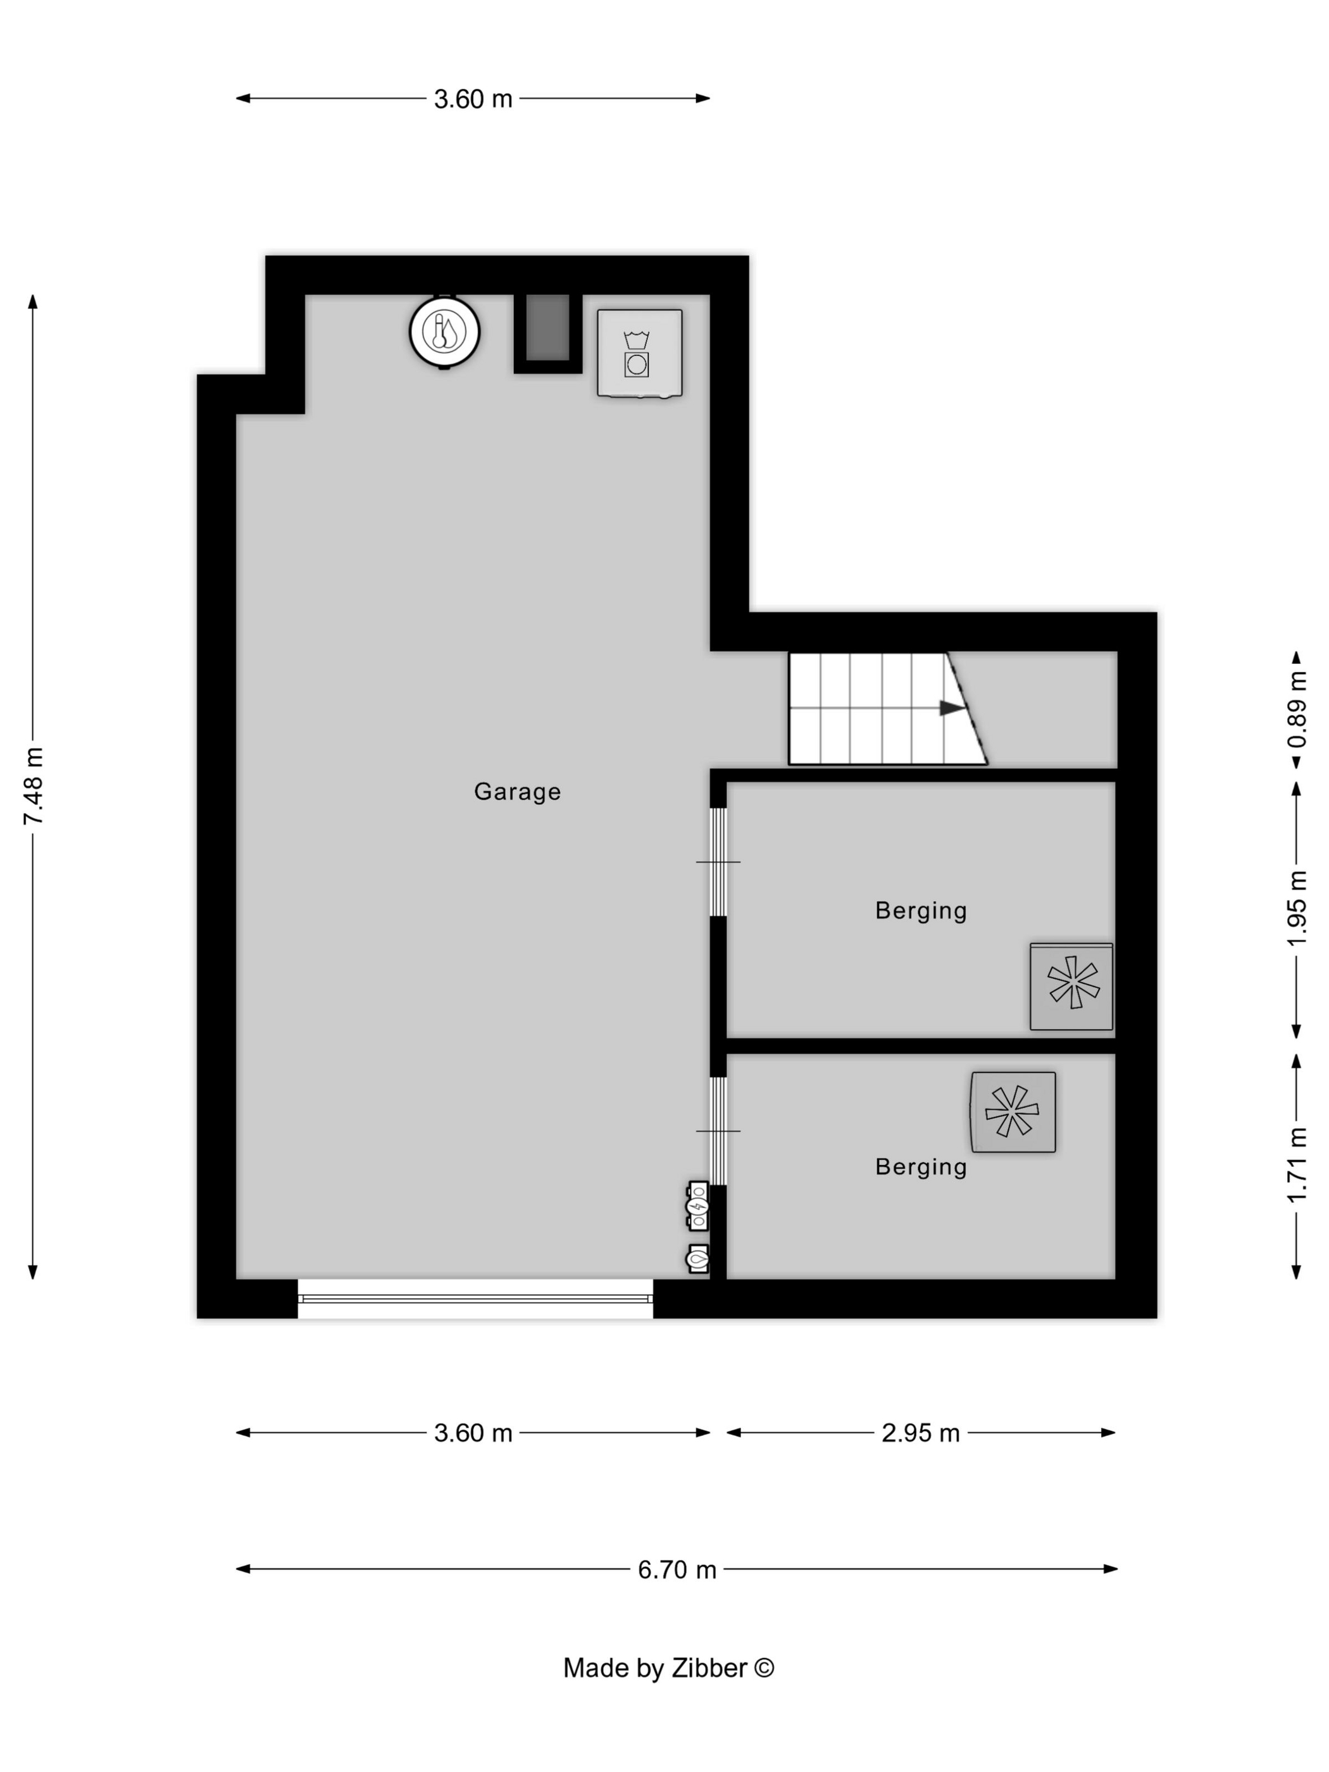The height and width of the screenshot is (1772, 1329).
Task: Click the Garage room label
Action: tap(516, 792)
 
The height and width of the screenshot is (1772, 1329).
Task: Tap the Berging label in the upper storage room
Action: tap(920, 911)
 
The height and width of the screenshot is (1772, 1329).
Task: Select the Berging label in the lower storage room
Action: tap(920, 1167)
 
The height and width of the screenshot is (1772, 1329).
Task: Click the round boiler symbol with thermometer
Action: tap(445, 332)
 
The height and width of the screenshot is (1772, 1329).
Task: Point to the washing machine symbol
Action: tap(639, 353)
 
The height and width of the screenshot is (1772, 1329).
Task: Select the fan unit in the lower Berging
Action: tap(1013, 1112)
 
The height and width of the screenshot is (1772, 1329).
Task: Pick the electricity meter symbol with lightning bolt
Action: tap(698, 1206)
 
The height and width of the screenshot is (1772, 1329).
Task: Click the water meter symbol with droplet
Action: tap(698, 1259)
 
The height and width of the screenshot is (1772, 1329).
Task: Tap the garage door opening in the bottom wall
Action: tap(475, 1299)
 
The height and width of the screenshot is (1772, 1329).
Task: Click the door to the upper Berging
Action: tap(718, 862)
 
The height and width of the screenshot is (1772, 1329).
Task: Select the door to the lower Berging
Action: tap(718, 1131)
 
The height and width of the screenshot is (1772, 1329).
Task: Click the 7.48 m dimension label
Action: tap(33, 786)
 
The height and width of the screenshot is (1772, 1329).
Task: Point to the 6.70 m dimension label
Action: tap(677, 1569)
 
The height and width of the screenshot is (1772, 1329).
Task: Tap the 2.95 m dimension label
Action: tap(920, 1433)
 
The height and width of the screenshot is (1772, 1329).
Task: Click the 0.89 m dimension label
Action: tap(1297, 710)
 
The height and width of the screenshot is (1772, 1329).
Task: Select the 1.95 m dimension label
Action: tap(1297, 908)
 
